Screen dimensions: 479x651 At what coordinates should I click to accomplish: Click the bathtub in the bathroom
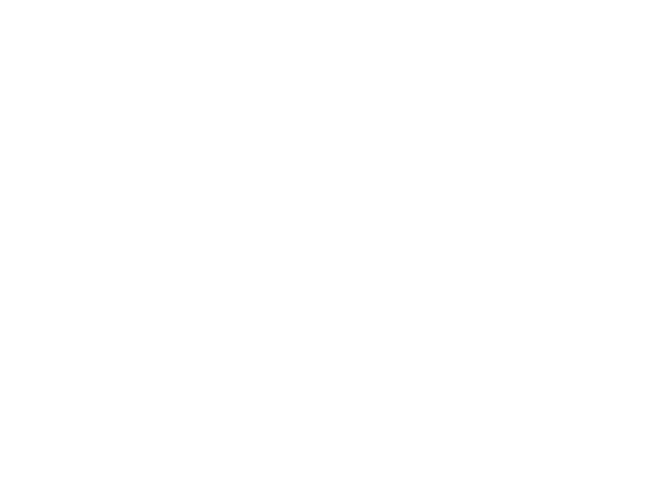click(75, 134)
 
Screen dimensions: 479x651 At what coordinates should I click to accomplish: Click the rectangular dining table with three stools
click(533, 148)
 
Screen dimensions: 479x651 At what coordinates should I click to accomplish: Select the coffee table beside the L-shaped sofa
click(377, 331)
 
